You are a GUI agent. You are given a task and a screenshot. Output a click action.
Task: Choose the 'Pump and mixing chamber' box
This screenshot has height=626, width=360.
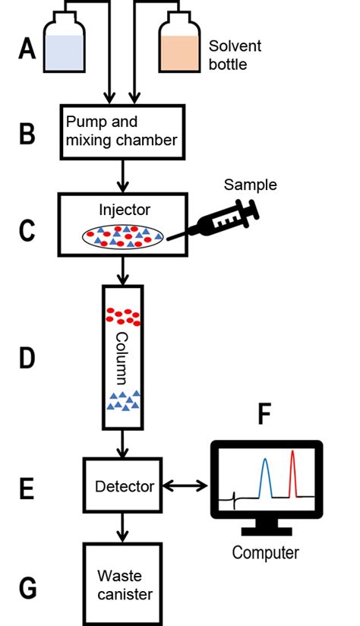click(x=122, y=131)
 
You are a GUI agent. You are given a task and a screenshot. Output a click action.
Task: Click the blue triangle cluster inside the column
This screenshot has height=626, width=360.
click(x=122, y=400)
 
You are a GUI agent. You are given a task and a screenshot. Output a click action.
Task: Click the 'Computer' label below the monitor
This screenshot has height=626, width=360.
click(x=265, y=552)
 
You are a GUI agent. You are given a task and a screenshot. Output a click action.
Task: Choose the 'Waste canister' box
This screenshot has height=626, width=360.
click(x=123, y=584)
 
